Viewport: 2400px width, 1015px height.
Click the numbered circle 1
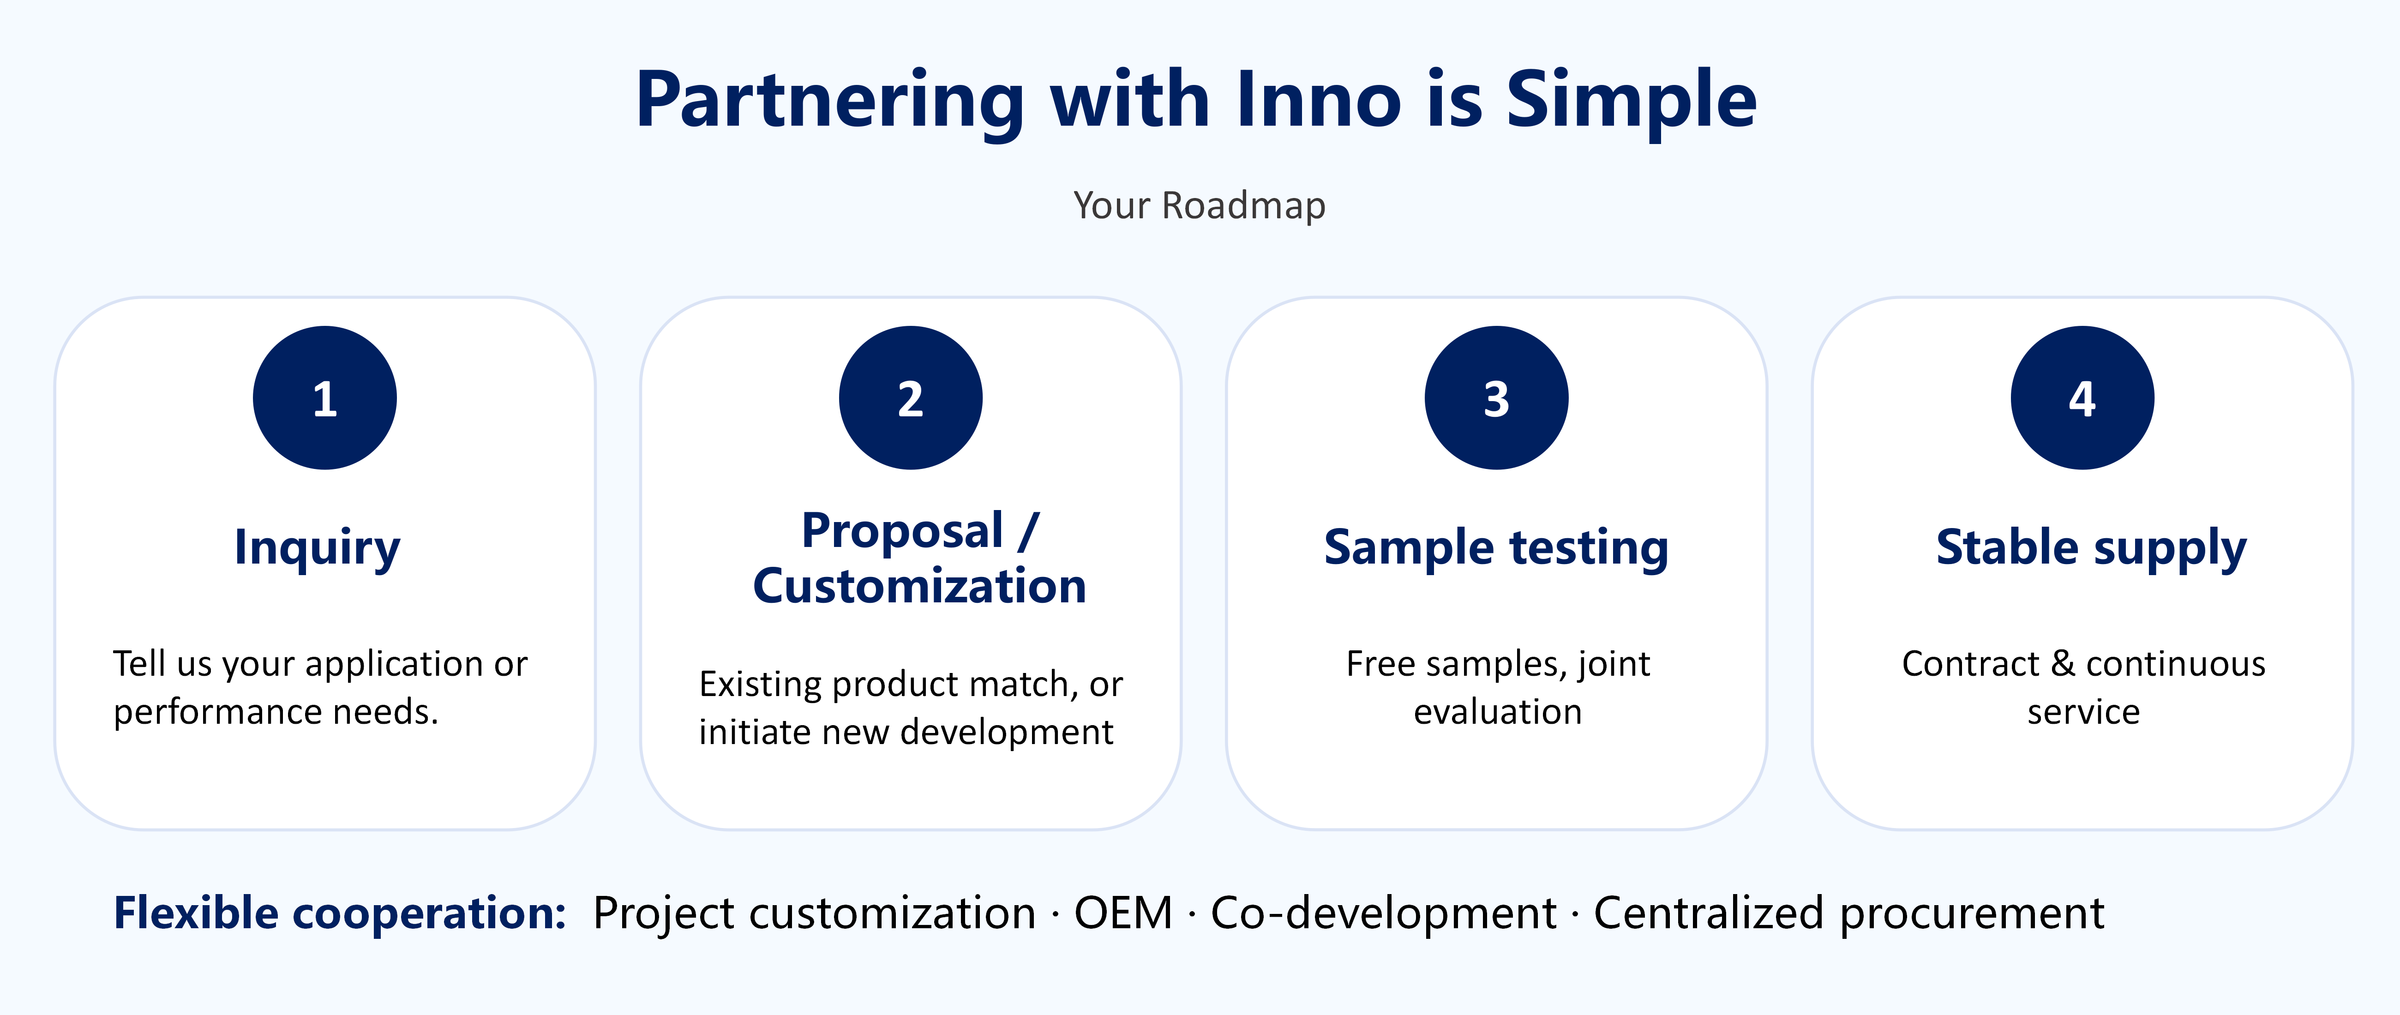coord(324,398)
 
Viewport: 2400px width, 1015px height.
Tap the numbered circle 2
coord(910,398)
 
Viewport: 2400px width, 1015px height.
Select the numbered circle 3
coord(1496,398)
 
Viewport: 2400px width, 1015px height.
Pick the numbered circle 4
coord(2082,398)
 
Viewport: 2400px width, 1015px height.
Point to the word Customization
coord(919,586)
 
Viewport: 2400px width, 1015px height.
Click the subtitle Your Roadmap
coord(1199,205)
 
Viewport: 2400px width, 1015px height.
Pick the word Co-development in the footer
coord(1384,913)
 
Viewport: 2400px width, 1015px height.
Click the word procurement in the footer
coord(1971,913)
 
